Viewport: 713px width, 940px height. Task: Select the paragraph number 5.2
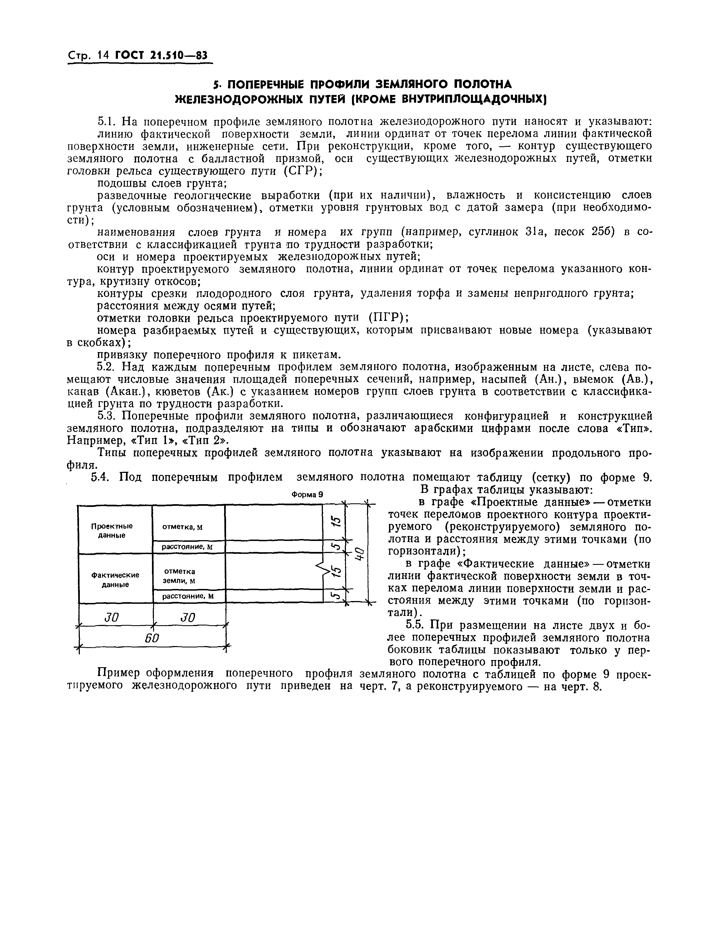(x=106, y=367)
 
